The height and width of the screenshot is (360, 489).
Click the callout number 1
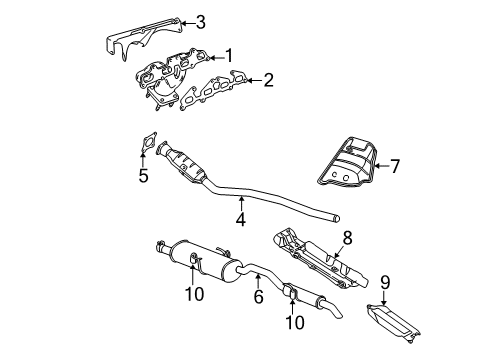click(x=229, y=56)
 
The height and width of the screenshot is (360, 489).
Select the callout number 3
click(x=200, y=21)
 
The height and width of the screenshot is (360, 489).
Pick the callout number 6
click(x=258, y=296)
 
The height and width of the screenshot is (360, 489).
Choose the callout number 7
click(x=394, y=166)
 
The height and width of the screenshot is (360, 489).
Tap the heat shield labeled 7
click(x=346, y=164)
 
